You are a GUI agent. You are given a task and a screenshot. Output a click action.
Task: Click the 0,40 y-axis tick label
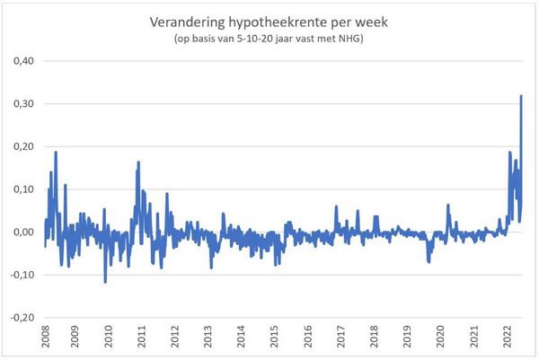point(22,61)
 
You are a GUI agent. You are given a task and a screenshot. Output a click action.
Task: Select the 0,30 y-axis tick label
point(22,104)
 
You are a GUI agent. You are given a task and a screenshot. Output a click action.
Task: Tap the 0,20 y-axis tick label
point(22,146)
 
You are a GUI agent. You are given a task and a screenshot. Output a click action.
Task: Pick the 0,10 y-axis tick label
point(22,189)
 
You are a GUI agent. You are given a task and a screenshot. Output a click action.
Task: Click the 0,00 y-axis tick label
point(22,232)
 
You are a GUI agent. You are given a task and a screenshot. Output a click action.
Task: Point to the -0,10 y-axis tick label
point(20,275)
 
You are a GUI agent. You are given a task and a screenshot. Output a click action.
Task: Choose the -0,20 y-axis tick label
point(20,317)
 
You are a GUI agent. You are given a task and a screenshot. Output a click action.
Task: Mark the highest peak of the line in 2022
point(521,96)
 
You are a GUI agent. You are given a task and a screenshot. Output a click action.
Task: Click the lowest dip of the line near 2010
point(105,282)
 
